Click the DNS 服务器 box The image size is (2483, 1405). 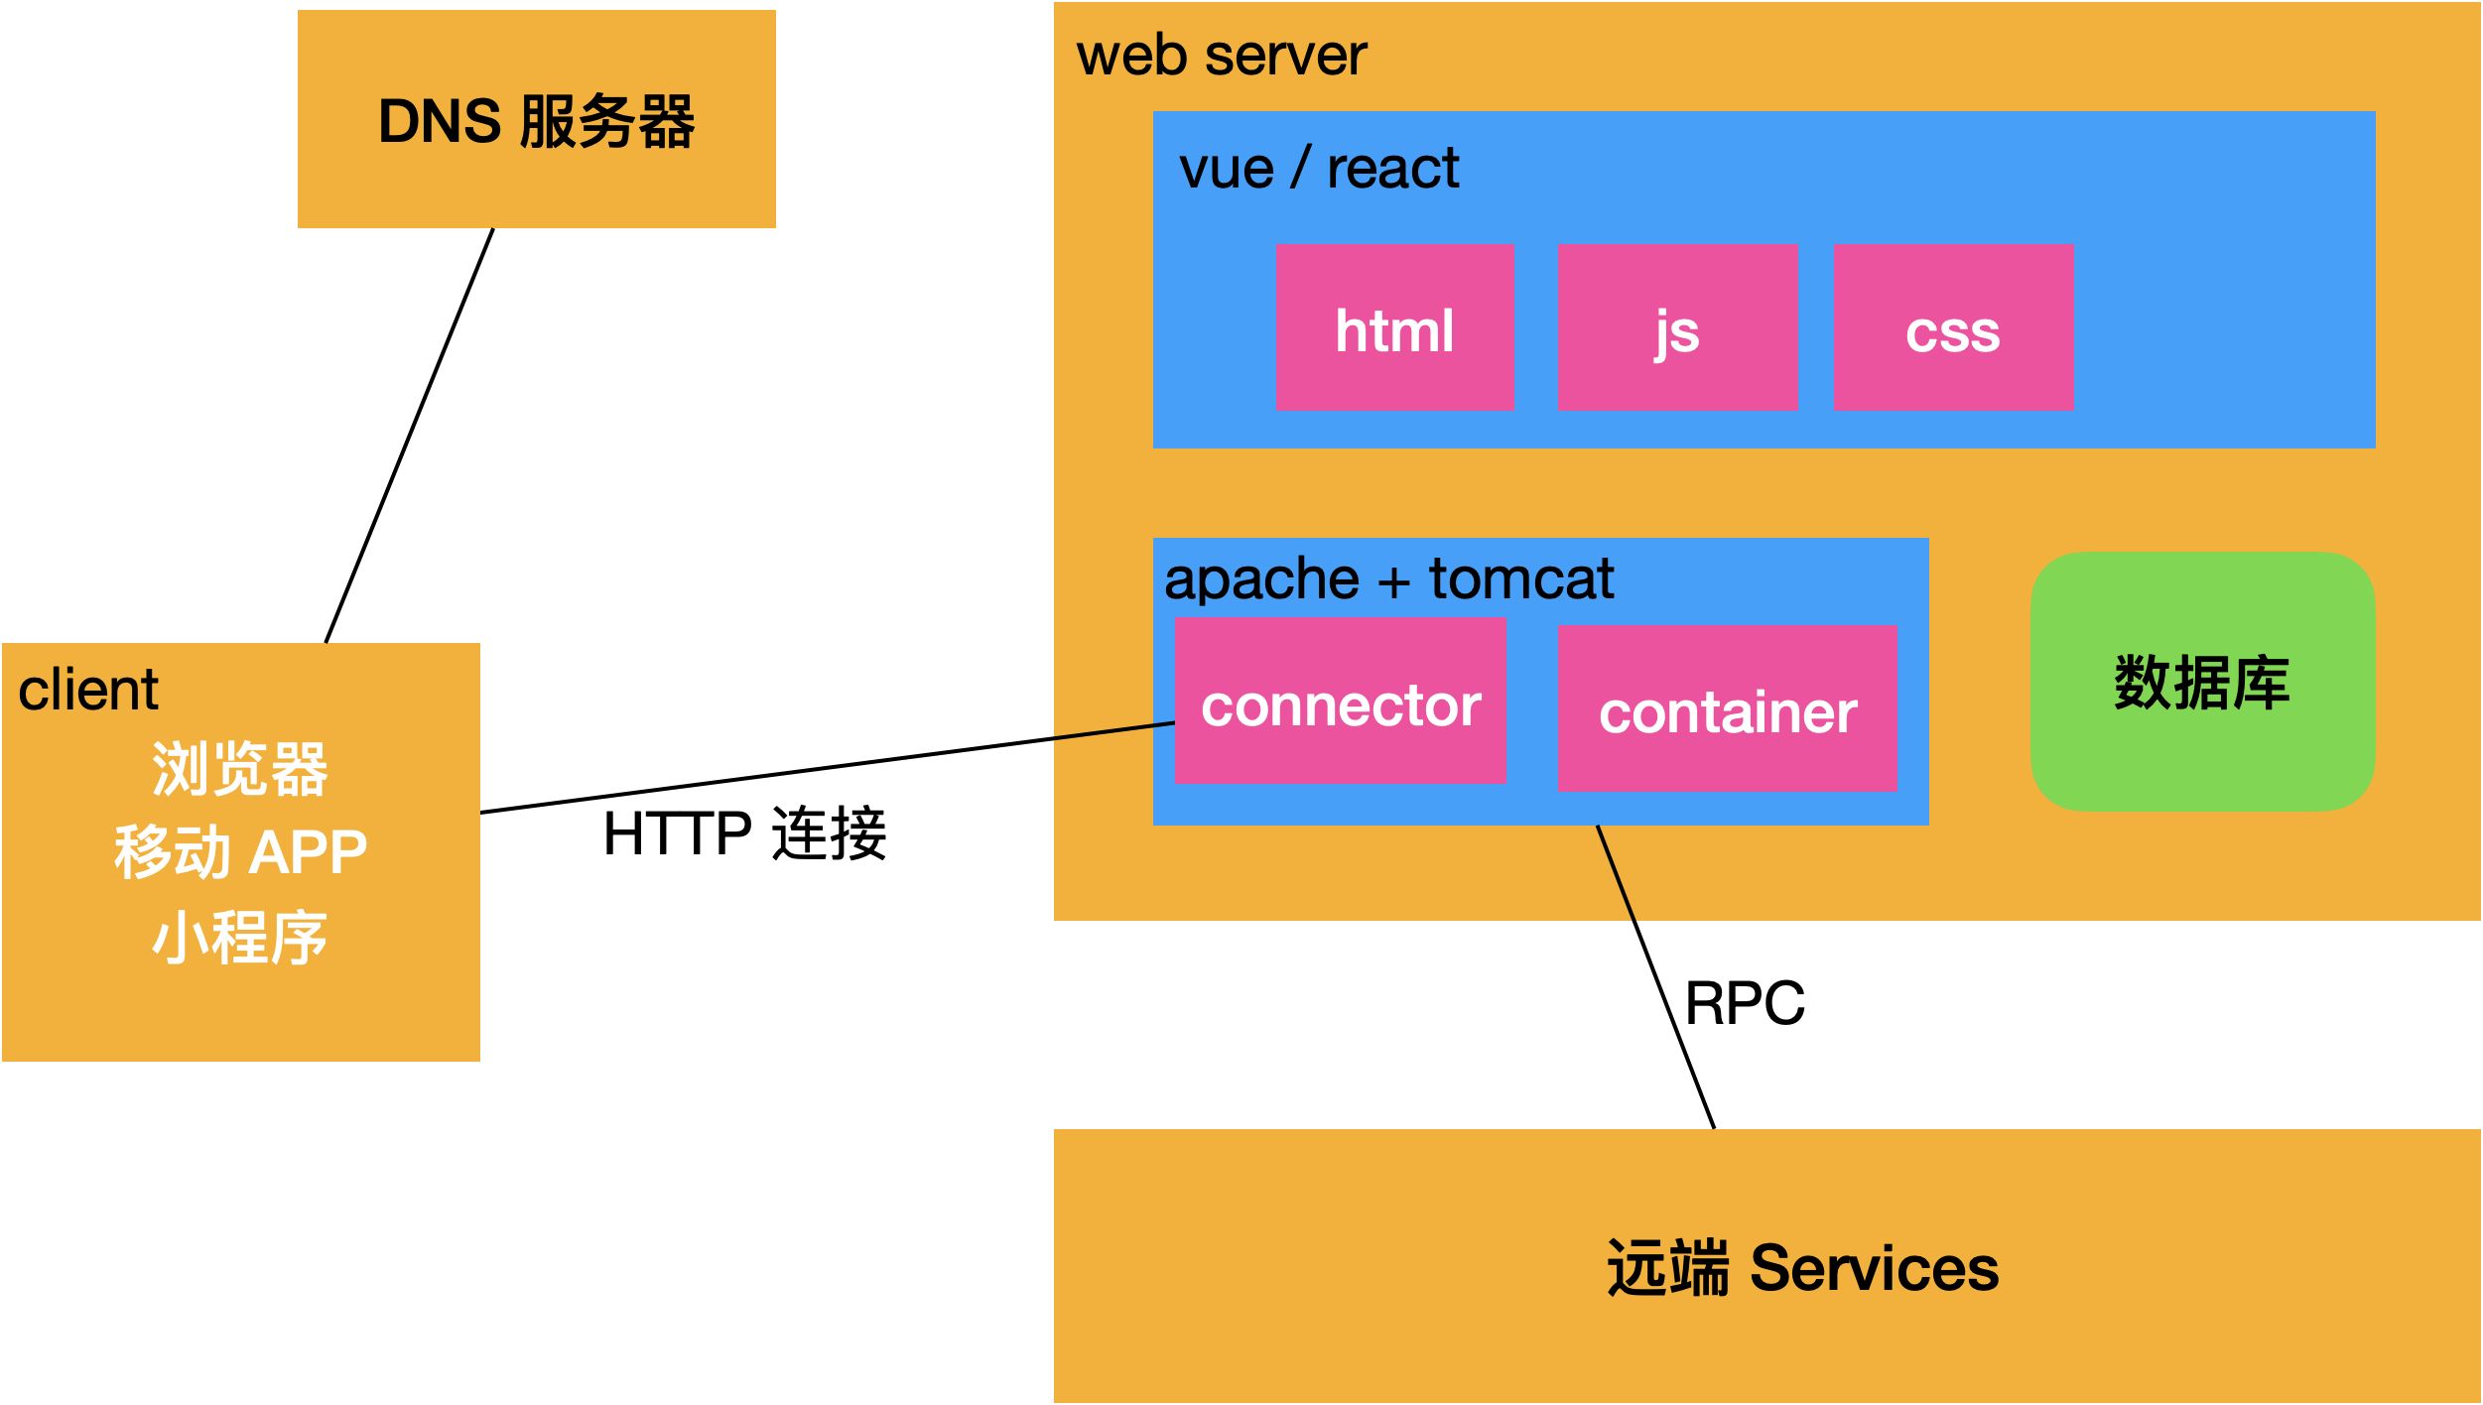[x=536, y=120]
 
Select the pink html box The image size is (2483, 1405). [x=1394, y=327]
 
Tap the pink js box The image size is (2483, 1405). [x=1677, y=327]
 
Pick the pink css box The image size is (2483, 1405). [x=1953, y=327]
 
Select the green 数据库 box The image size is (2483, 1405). [x=2201, y=683]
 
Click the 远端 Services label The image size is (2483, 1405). [x=1802, y=1268]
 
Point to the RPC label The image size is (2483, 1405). [x=1745, y=1003]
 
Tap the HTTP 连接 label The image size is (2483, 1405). [x=744, y=833]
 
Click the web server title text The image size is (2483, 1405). [x=1221, y=56]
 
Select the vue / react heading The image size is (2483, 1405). [x=1318, y=168]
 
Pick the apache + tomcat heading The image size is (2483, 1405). [x=1388, y=578]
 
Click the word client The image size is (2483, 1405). [x=88, y=690]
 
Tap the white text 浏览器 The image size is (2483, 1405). [x=239, y=769]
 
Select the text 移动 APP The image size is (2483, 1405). [x=239, y=852]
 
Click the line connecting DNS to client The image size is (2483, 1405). [x=409, y=437]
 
